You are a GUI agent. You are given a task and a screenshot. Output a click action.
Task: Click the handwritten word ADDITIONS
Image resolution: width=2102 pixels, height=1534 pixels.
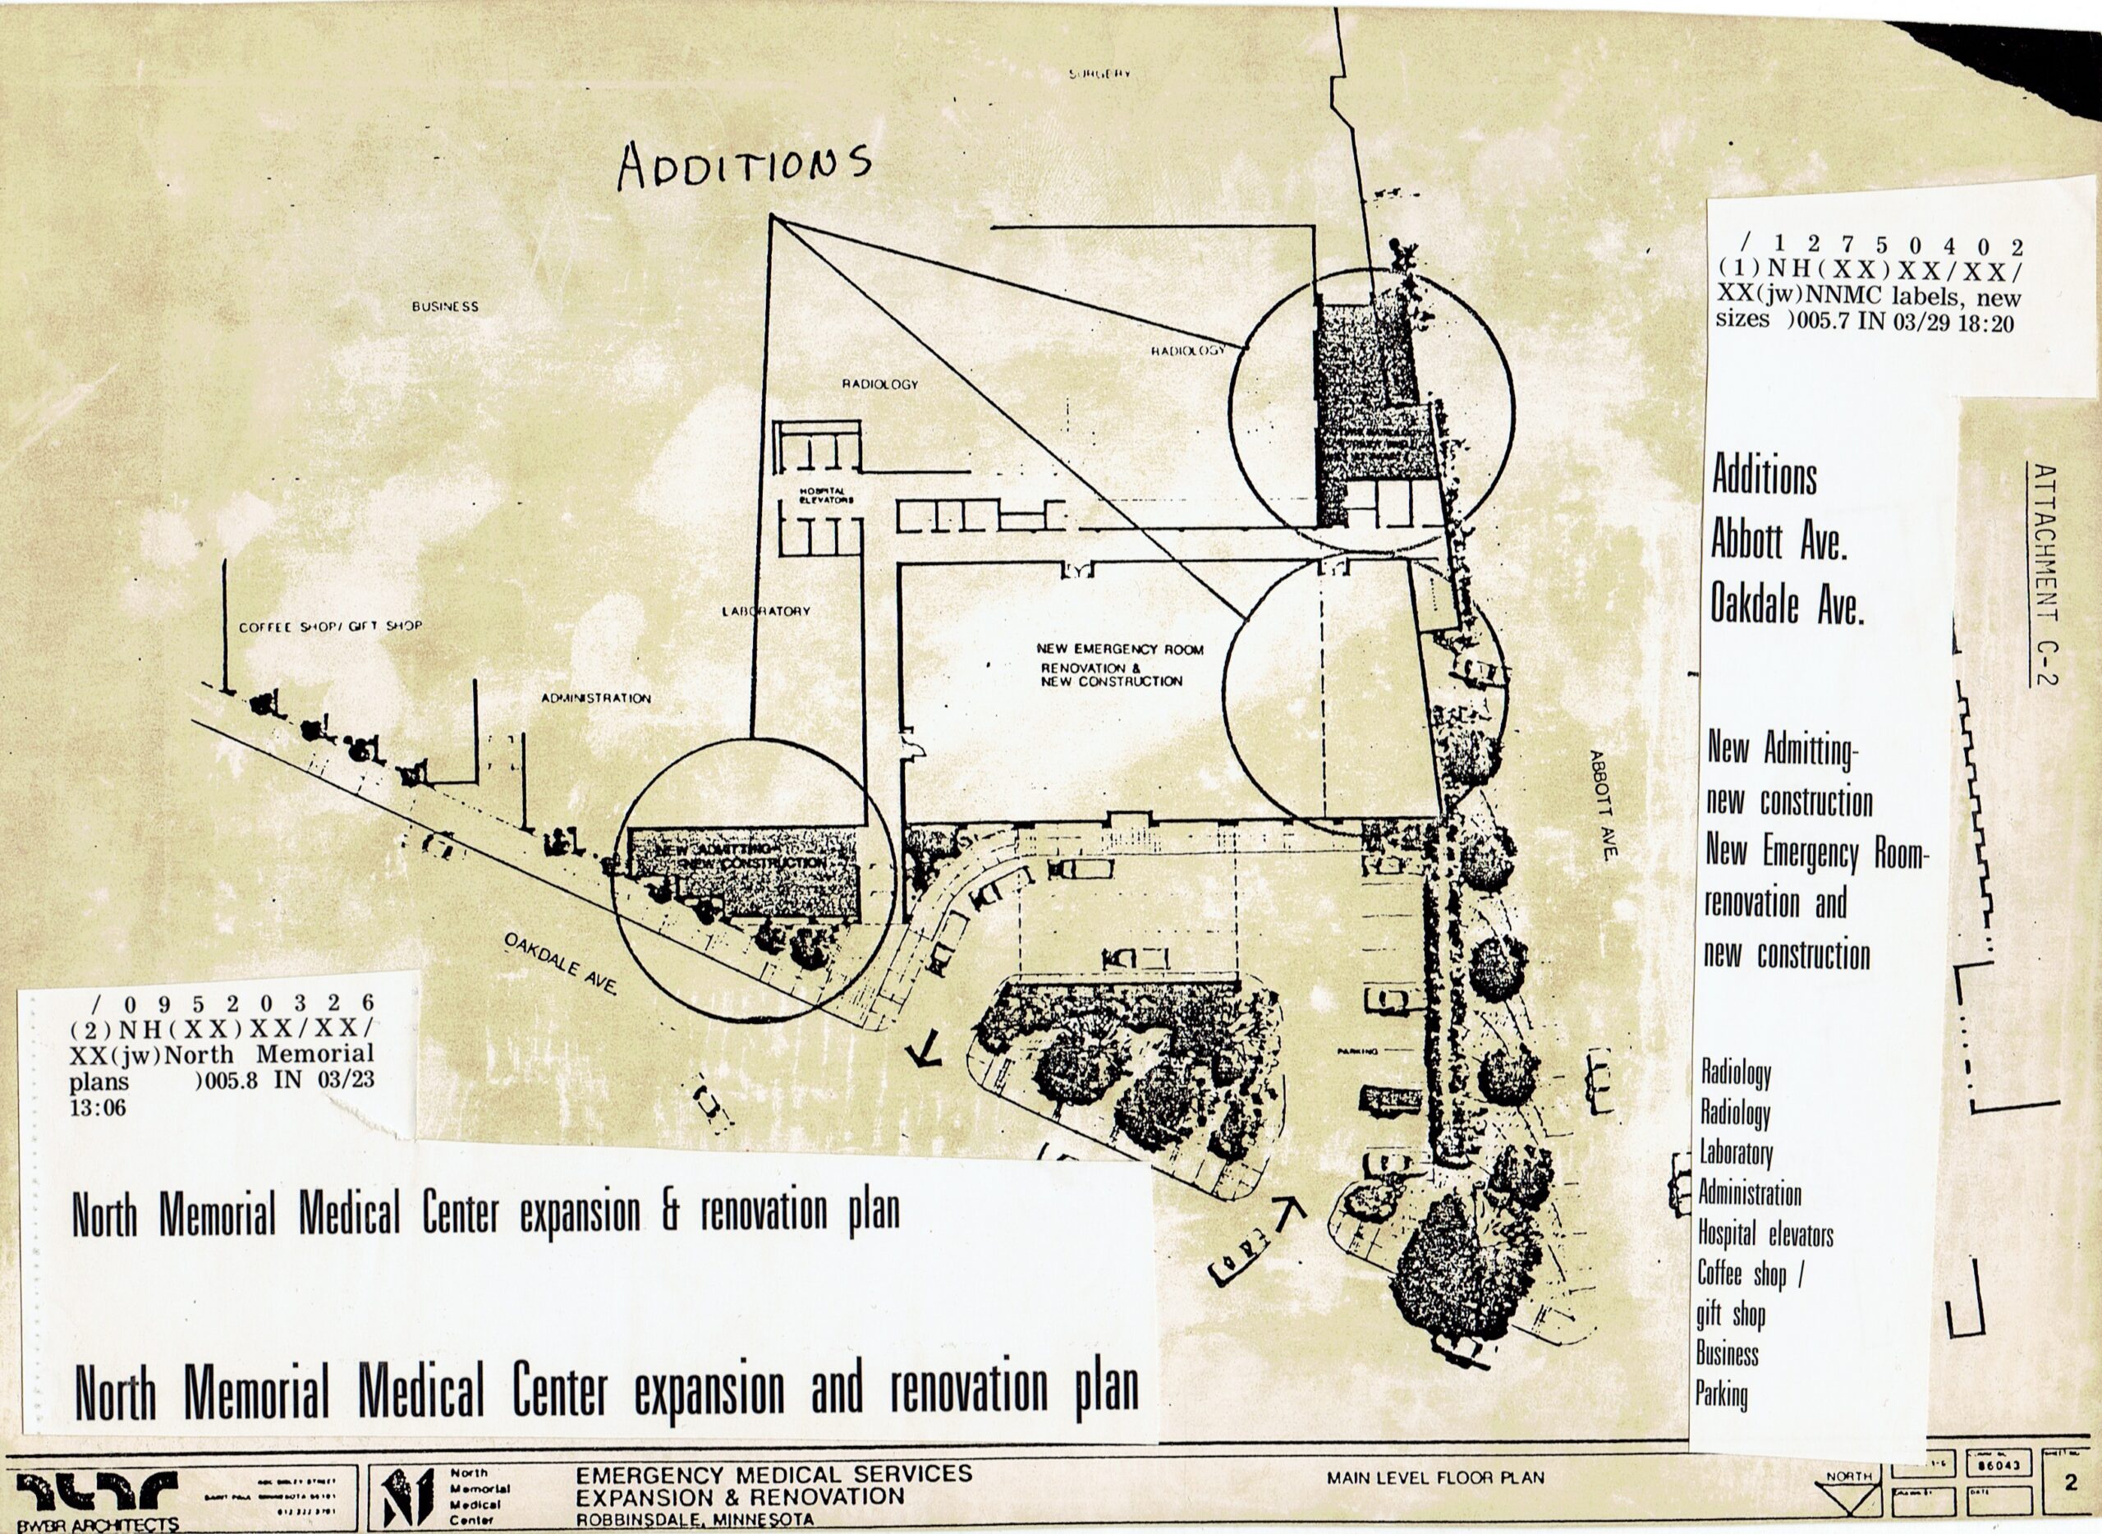coord(745,168)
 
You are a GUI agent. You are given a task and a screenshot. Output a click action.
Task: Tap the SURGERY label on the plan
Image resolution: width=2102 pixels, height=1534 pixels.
coord(1099,73)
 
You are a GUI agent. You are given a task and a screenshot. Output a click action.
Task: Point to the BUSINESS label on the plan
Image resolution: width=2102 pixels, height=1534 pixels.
coord(446,306)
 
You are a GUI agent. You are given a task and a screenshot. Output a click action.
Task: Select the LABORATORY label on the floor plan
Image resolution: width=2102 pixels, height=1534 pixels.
coord(766,611)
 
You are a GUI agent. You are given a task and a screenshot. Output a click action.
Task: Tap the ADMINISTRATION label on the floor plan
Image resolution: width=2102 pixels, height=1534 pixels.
coord(596,698)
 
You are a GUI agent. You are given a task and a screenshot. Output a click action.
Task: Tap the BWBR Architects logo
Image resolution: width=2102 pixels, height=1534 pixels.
coord(98,1500)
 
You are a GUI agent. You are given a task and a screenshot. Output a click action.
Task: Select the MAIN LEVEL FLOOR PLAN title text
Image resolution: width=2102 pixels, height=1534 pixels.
coord(1435,1477)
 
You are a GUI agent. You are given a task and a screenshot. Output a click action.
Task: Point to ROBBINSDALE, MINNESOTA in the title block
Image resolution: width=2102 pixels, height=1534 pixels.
coord(695,1520)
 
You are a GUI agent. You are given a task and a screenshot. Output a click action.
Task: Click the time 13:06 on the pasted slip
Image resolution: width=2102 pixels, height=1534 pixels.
coord(98,1108)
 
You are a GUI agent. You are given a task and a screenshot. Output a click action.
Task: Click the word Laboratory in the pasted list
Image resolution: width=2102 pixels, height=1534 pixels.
coord(1736,1155)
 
